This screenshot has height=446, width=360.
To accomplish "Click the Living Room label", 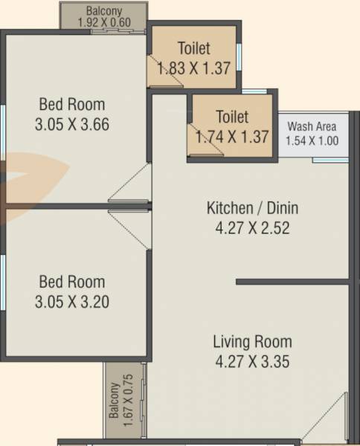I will pos(252,343).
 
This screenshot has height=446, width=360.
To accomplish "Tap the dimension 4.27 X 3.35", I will pos(252,363).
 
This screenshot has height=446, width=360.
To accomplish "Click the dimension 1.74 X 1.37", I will pos(231,137).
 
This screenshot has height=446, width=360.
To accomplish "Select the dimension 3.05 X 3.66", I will pos(72,124).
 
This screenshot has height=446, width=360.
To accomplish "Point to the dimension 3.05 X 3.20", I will pos(72,302).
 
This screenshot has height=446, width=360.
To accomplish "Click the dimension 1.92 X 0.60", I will pos(104,22).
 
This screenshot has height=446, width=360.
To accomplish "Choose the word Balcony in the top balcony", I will pos(104,11).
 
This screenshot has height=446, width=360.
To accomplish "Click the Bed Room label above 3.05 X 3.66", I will pos(72,104).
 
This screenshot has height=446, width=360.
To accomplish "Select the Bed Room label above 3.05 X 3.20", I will pos(72,282).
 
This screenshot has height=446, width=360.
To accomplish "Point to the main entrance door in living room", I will pos(327,421).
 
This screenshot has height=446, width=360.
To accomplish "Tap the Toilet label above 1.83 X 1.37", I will pos(193,49).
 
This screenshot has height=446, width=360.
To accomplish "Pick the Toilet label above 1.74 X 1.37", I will pos(231,117).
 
